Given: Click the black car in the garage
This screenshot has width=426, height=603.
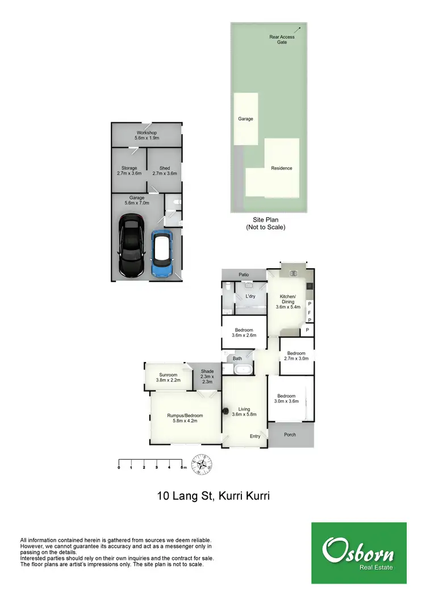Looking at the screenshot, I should pyautogui.click(x=131, y=246).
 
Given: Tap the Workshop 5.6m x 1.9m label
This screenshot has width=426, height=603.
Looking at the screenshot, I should pyautogui.click(x=147, y=135).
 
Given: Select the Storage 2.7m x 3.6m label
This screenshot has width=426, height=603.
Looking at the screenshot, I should pyautogui.click(x=129, y=170).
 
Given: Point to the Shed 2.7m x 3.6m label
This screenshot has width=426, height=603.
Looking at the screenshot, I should pyautogui.click(x=165, y=170).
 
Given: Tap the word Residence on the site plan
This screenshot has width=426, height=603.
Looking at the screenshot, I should pyautogui.click(x=282, y=168).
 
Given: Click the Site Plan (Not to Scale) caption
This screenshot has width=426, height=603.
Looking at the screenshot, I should pyautogui.click(x=266, y=223).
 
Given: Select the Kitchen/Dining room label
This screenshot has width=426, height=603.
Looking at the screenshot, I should pyautogui.click(x=287, y=302).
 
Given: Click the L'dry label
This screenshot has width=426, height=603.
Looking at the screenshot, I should pyautogui.click(x=250, y=297).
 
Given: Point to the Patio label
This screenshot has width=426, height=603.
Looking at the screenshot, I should pyautogui.click(x=244, y=275).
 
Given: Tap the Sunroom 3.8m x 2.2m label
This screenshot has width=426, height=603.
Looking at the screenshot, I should pyautogui.click(x=168, y=377).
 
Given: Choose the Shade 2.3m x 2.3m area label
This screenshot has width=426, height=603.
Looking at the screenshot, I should pyautogui.click(x=207, y=376).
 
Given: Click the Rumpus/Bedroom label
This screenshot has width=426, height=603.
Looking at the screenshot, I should pyautogui.click(x=185, y=419).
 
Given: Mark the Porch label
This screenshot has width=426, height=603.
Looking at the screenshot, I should pyautogui.click(x=290, y=435).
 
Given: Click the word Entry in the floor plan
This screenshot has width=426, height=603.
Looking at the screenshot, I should pyautogui.click(x=256, y=436).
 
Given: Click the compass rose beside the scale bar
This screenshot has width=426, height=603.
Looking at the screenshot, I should pyautogui.click(x=202, y=464).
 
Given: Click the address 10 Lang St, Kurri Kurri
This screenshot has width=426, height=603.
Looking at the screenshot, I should pyautogui.click(x=213, y=496).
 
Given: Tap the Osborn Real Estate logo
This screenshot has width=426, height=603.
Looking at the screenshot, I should pyautogui.click(x=358, y=553).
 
